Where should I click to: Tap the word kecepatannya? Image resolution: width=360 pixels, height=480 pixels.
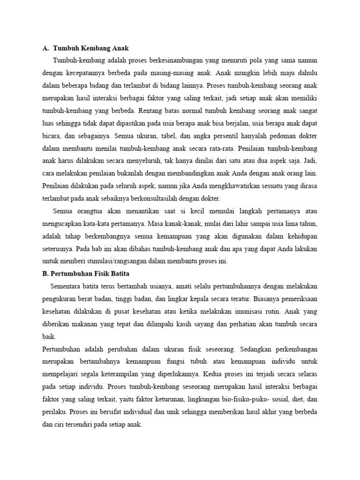[x=87, y=73]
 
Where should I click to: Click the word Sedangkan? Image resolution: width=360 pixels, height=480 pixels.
[x=260, y=349]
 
